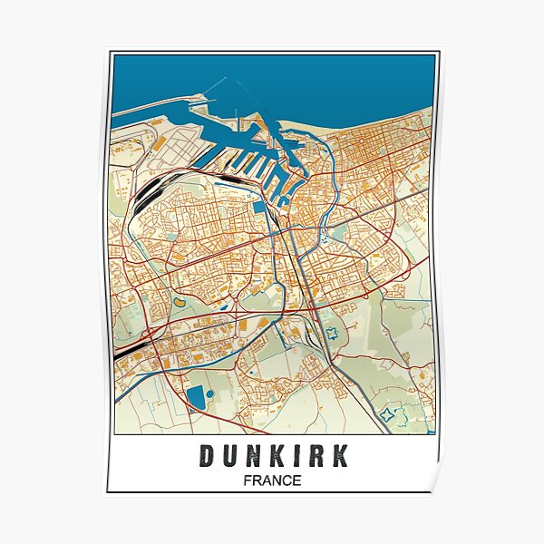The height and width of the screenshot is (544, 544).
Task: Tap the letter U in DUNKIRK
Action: coord(228,456)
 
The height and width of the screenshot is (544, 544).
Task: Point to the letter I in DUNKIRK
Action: coord(294,456)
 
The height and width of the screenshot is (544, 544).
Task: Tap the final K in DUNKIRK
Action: coord(339,456)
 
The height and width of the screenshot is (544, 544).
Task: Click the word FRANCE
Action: coord(272,480)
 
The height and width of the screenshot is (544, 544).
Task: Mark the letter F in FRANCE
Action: coord(248,480)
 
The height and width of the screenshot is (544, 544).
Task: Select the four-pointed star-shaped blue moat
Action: coord(391,417)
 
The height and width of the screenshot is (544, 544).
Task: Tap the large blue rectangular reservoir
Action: coord(196,395)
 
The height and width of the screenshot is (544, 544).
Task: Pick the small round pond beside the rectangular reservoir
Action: coord(210,394)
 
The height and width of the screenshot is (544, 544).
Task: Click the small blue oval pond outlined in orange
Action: coord(179,302)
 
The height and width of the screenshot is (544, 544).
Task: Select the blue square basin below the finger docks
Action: coord(259,207)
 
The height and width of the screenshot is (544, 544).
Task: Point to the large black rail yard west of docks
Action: coord(150,188)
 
